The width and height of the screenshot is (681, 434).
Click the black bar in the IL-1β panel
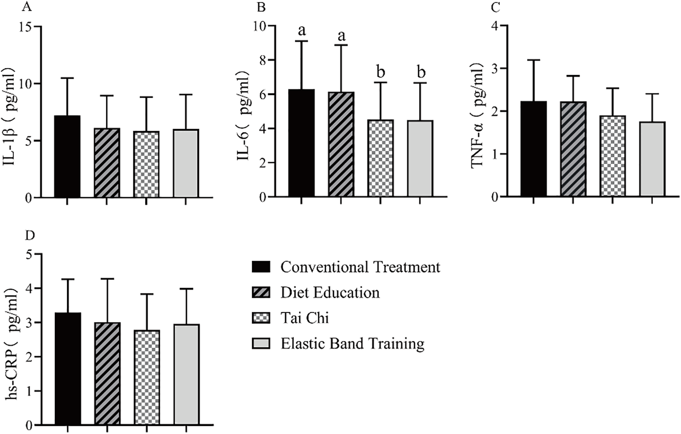click(x=67, y=157)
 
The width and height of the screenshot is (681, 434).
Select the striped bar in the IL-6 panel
click(x=341, y=144)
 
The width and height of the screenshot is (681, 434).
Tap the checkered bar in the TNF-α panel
click(x=613, y=156)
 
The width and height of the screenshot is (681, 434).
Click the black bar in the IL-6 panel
click(x=302, y=143)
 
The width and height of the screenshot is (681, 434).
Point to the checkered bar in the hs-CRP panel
click(x=147, y=378)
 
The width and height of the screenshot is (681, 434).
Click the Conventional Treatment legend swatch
click(x=261, y=267)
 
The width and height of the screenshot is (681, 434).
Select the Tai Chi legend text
click(x=305, y=318)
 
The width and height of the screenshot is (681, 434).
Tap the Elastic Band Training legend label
click(x=352, y=343)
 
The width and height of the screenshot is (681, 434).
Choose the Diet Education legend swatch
click(x=261, y=293)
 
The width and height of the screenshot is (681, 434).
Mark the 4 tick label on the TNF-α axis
click(x=494, y=26)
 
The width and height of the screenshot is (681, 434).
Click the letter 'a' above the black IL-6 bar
click(x=302, y=30)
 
